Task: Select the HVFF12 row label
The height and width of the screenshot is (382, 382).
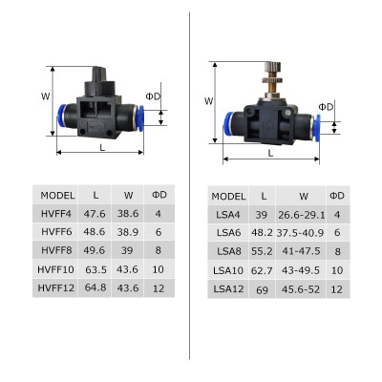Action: [55, 286]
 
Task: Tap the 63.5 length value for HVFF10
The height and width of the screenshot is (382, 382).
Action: [94, 268]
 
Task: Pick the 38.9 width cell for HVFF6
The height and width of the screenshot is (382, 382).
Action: [127, 232]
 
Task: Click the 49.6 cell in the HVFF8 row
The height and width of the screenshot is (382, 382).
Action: [94, 250]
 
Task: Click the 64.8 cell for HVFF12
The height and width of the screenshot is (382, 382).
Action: [94, 286]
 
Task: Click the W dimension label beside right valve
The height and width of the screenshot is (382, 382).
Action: [208, 102]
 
